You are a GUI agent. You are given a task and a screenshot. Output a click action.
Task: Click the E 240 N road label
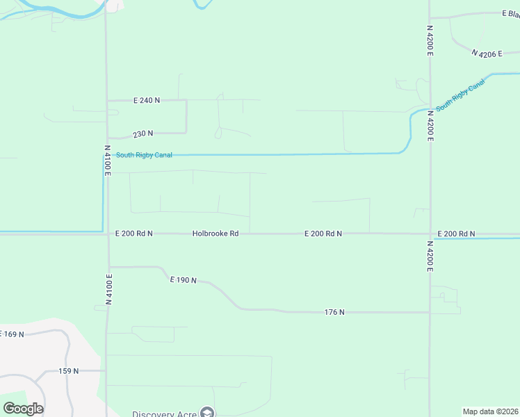[147, 100]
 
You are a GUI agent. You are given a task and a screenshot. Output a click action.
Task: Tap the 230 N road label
[143, 133]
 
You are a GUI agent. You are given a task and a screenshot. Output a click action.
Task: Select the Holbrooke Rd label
[216, 234]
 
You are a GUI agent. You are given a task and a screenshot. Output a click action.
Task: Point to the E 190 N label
[184, 280]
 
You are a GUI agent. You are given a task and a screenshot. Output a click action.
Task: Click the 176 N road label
[334, 312]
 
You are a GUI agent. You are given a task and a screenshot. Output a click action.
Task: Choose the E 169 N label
[12, 334]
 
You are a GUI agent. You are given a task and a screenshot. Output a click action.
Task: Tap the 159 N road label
[68, 371]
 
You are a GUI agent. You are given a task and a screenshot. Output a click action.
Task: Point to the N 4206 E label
[487, 53]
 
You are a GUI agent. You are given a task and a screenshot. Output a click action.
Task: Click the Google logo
[23, 408]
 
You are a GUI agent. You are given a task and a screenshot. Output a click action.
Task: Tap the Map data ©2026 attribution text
[490, 411]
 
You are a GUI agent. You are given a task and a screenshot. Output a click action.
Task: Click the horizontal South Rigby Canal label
[144, 155]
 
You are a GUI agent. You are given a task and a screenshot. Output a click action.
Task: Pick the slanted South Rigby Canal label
[460, 97]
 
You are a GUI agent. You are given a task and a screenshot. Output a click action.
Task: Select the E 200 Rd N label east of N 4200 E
[456, 234]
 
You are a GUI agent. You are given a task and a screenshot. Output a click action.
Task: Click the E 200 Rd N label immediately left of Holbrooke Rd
[134, 234]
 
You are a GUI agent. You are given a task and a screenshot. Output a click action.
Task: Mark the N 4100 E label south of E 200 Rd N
[108, 289]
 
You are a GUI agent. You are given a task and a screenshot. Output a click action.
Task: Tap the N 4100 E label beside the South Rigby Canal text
[108, 160]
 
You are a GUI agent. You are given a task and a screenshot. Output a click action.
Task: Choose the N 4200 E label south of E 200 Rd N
[430, 256]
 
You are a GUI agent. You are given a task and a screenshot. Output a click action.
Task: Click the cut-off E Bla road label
[511, 13]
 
